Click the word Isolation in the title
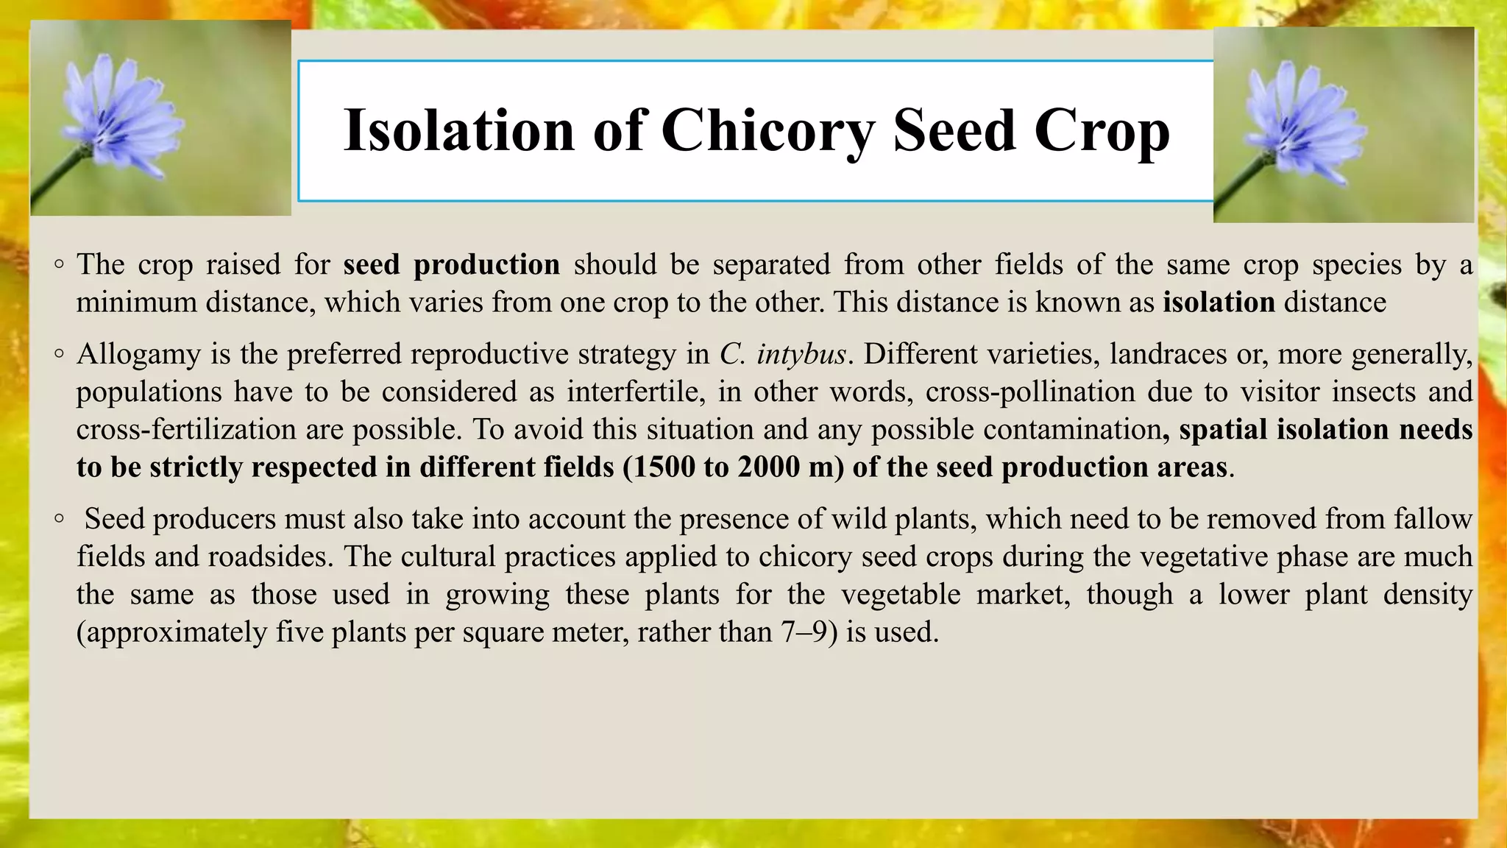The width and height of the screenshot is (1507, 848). tap(458, 130)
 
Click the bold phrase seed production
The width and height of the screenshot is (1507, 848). tap(451, 264)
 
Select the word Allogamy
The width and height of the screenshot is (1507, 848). tap(139, 355)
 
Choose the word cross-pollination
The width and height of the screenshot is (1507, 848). tap(1030, 392)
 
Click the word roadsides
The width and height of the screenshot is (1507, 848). tap(268, 556)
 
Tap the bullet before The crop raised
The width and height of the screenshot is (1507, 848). tap(60, 265)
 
